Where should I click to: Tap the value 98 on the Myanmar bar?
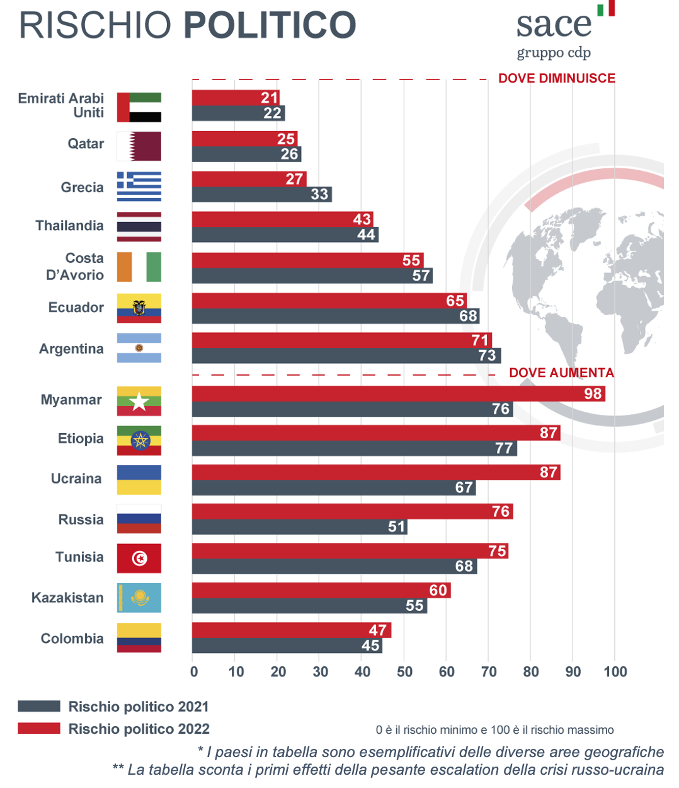pos(593,394)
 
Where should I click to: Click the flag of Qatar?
pos(139,146)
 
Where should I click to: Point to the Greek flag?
pos(139,187)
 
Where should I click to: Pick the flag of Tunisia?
pos(139,558)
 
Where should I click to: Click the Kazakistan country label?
pos(67,598)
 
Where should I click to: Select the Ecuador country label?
pos(76,308)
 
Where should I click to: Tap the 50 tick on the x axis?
pos(404,672)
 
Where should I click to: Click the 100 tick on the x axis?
pos(615,672)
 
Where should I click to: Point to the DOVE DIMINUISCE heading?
pos(557,78)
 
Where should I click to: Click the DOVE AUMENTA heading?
pos(561,373)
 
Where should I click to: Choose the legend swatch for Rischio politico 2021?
pos(39,706)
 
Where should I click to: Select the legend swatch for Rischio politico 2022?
pos(39,729)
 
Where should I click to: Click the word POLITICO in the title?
pos(270,25)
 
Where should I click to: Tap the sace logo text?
pos(554,25)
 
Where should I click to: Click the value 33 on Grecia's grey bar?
pos(319,194)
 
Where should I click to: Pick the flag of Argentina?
pos(139,348)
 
